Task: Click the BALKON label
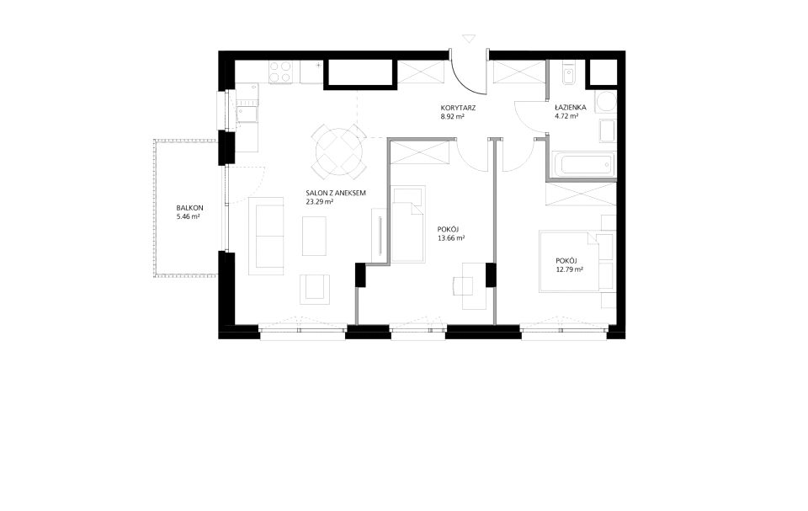click(x=189, y=208)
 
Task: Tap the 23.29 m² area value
click(x=320, y=202)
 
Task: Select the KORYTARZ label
click(x=458, y=109)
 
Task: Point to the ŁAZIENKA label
click(x=571, y=108)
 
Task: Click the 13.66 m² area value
click(x=451, y=238)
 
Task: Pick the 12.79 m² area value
click(x=570, y=269)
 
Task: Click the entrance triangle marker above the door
click(x=469, y=39)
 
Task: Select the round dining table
click(x=339, y=150)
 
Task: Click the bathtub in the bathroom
click(x=583, y=164)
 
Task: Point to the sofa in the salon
click(x=266, y=236)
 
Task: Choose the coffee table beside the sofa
click(x=314, y=237)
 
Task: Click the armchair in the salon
click(x=314, y=290)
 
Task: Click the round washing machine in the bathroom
click(x=605, y=102)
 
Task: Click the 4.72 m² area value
click(x=566, y=116)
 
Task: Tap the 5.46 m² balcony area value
click(x=188, y=217)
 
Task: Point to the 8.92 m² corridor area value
click(x=453, y=117)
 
